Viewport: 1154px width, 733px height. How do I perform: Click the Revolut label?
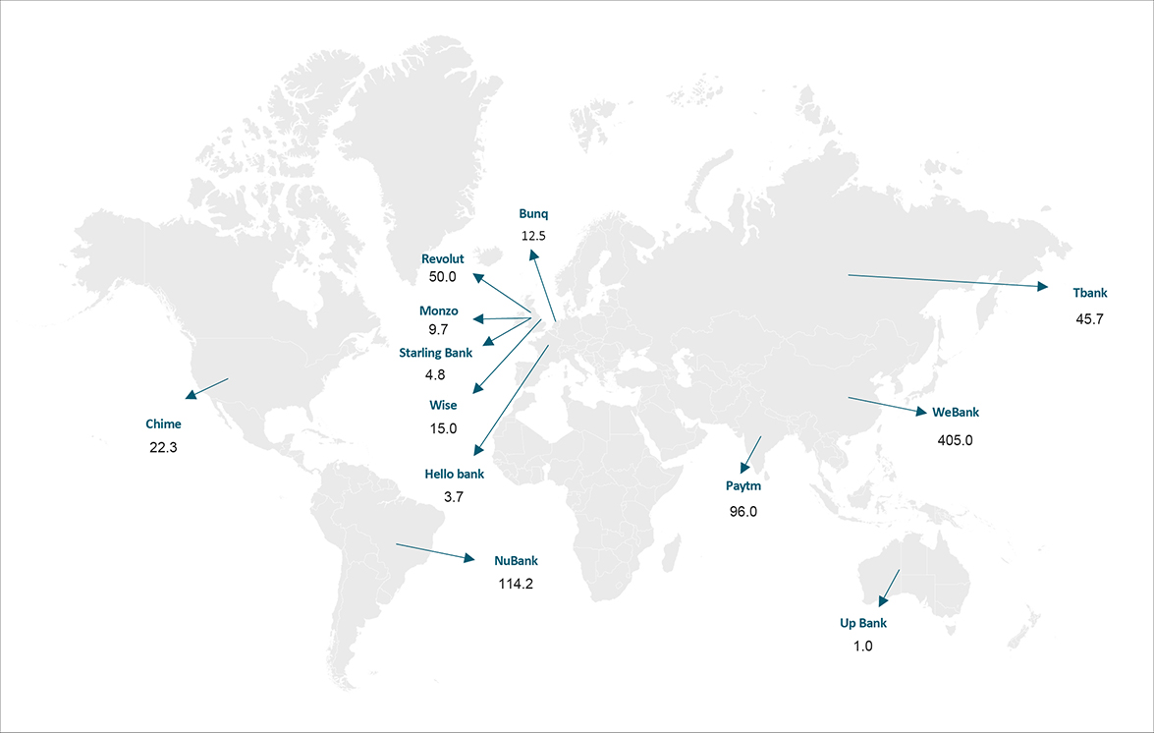(x=442, y=258)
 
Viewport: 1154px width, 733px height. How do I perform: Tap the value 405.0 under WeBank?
(x=955, y=440)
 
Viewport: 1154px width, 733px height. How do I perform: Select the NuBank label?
(x=516, y=561)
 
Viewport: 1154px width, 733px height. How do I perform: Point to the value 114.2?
(x=516, y=584)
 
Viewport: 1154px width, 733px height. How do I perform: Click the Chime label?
(x=163, y=424)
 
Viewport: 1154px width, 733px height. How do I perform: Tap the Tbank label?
(x=1089, y=292)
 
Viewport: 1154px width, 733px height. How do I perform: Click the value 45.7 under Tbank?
(x=1089, y=319)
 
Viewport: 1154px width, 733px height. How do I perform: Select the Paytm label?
(x=743, y=485)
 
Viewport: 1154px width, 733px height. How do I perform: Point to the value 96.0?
(x=743, y=511)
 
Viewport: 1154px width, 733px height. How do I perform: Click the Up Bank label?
(x=863, y=623)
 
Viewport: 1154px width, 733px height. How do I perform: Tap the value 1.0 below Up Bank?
(x=863, y=647)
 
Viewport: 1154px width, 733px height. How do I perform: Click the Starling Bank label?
(x=435, y=352)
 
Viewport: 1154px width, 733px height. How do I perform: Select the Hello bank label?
(x=454, y=474)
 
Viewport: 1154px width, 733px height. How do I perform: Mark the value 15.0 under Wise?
(x=443, y=428)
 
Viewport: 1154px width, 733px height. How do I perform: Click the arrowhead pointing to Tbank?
(x=1044, y=287)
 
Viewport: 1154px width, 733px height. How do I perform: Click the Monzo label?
(x=439, y=310)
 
